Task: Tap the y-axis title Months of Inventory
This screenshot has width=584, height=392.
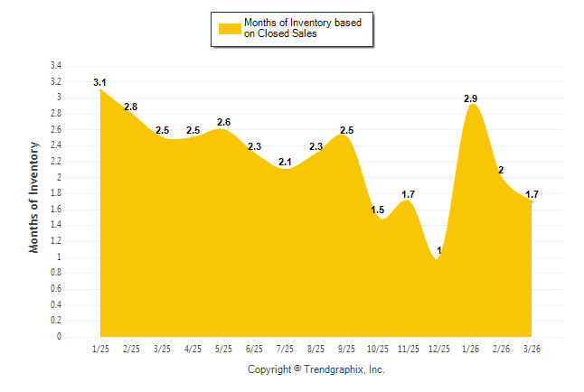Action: pos(34,196)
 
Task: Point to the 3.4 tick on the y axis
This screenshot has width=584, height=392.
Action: pos(55,66)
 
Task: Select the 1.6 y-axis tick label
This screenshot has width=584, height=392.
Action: pos(55,210)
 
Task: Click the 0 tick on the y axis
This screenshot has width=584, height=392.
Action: pos(59,337)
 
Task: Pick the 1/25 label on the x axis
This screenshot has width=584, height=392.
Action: pos(100,349)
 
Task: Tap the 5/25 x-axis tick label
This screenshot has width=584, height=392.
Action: pos(223,349)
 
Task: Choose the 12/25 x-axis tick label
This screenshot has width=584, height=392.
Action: pos(438,349)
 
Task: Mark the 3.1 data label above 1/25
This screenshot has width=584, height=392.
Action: pos(100,83)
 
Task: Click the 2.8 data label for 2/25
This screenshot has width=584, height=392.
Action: pos(131,107)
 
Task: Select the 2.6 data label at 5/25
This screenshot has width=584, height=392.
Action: pos(223,123)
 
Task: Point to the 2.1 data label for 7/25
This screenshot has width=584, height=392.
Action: pos(285,163)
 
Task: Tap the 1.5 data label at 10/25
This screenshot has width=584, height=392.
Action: pos(377,210)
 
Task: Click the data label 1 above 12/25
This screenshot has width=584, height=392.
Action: pos(439,250)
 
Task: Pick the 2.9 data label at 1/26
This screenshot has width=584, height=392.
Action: pos(470,98)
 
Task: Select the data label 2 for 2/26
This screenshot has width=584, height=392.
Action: pos(501,171)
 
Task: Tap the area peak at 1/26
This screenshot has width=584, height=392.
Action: pos(471,107)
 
